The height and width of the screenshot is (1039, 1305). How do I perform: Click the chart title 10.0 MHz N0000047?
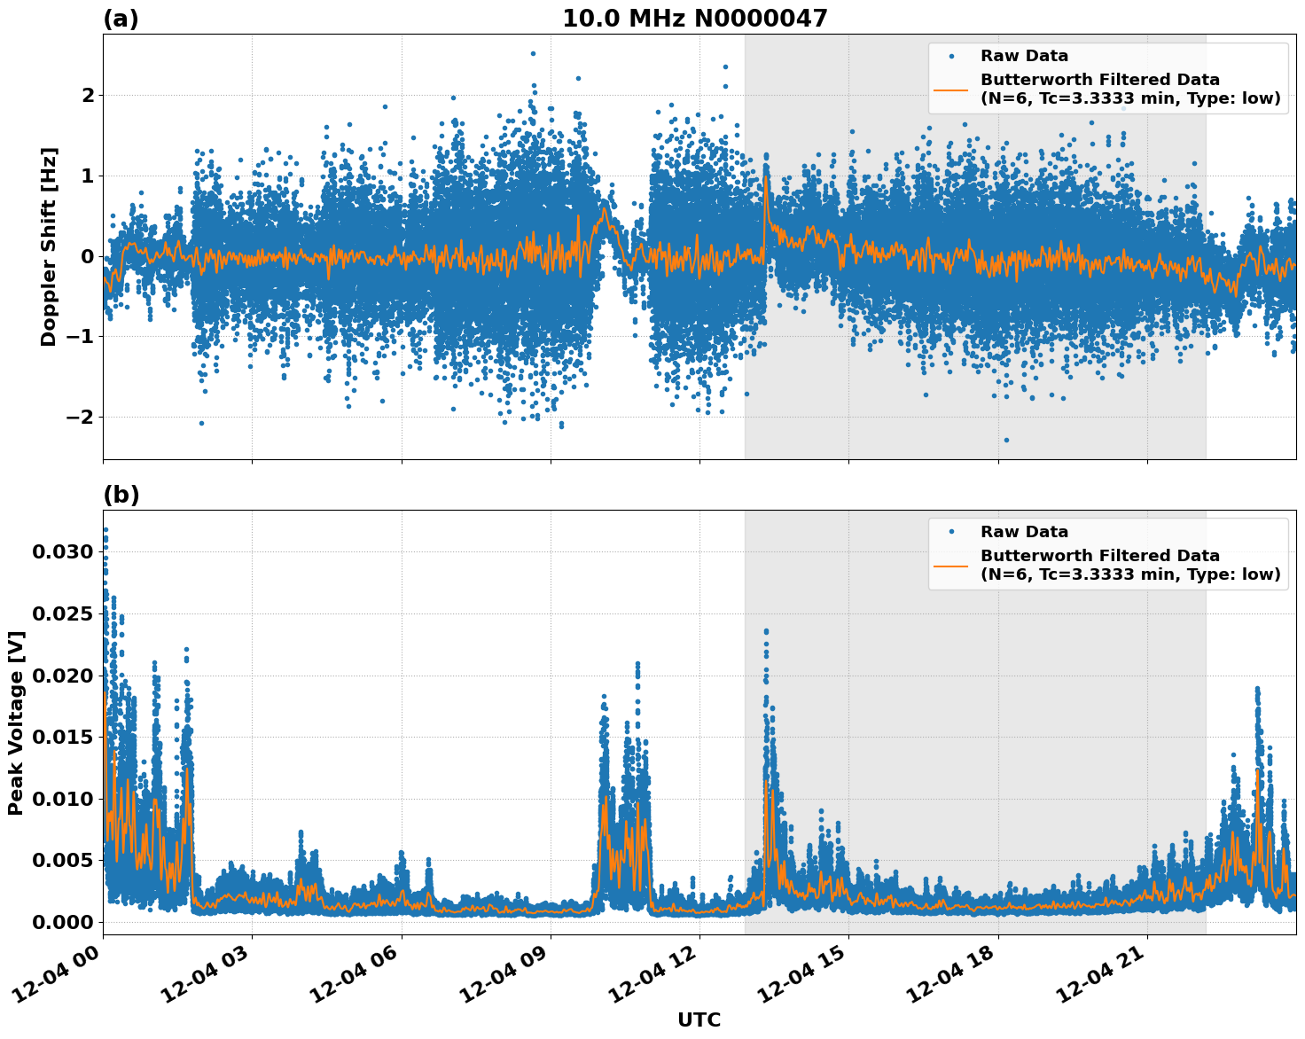pyautogui.click(x=694, y=19)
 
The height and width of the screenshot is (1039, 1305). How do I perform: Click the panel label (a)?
pyautogui.click(x=121, y=19)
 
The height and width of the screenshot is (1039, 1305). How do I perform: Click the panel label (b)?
pyautogui.click(x=121, y=495)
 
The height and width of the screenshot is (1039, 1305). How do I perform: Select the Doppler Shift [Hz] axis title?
pyautogui.click(x=49, y=246)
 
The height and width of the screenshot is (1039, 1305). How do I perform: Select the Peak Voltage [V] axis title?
pyautogui.click(x=16, y=723)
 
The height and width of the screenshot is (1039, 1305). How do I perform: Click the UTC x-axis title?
pyautogui.click(x=699, y=1019)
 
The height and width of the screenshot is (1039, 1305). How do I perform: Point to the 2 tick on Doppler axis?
pyautogui.click(x=88, y=95)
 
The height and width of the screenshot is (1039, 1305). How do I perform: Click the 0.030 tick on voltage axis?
pyautogui.click(x=62, y=552)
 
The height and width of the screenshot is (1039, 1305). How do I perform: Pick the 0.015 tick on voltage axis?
pyautogui.click(x=62, y=737)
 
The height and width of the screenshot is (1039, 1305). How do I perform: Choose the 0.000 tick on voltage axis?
pyautogui.click(x=62, y=922)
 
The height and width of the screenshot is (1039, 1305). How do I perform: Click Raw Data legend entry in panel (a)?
pyautogui.click(x=1024, y=56)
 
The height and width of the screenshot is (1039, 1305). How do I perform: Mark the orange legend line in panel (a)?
pyautogui.click(x=950, y=89)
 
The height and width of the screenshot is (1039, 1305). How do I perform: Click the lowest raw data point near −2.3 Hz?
pyautogui.click(x=1005, y=440)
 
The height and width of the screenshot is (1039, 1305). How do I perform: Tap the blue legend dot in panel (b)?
pyautogui.click(x=950, y=532)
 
